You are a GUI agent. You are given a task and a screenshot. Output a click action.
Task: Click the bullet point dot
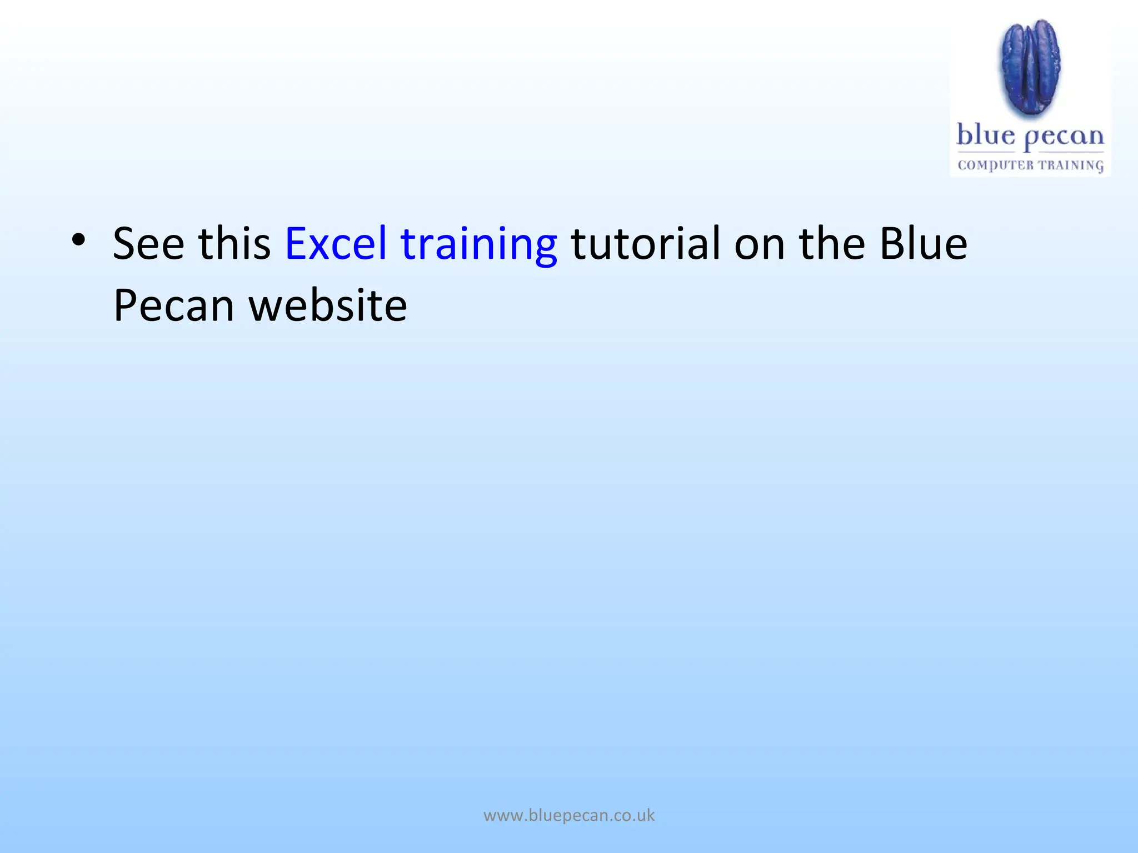pyautogui.click(x=78, y=240)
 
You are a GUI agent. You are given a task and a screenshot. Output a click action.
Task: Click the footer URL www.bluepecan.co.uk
pyautogui.click(x=569, y=815)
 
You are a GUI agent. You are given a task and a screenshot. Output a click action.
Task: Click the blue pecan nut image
pyautogui.click(x=1031, y=68)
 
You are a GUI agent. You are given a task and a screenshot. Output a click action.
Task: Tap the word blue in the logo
pyautogui.click(x=986, y=136)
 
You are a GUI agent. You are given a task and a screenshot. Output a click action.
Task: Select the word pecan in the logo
pyautogui.click(x=1064, y=138)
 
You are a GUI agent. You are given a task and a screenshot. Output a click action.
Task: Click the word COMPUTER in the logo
pyautogui.click(x=996, y=165)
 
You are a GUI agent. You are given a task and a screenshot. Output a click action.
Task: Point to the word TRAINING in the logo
pyautogui.click(x=1071, y=165)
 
